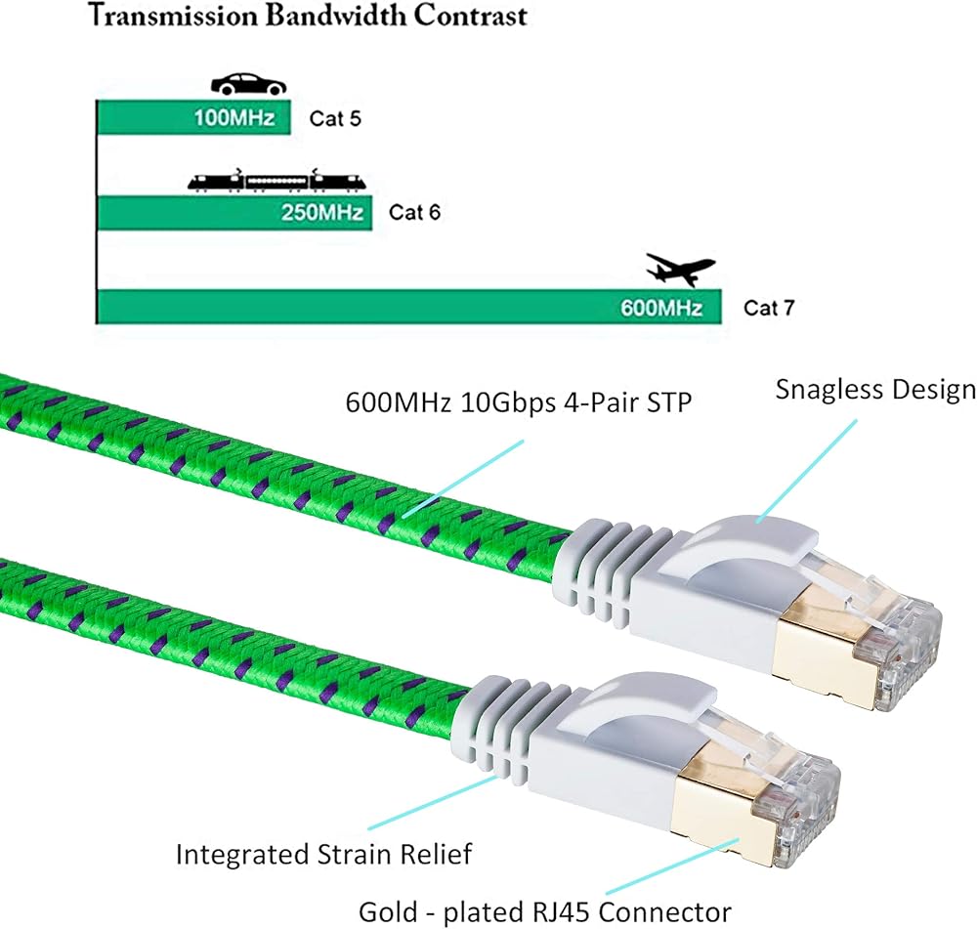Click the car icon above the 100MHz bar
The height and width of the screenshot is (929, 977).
[248, 84]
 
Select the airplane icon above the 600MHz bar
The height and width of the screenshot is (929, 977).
[680, 269]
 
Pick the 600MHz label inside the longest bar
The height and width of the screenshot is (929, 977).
[661, 308]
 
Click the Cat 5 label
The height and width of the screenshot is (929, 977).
[335, 120]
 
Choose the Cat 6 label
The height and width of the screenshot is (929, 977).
[414, 212]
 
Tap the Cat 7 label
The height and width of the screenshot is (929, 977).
[769, 308]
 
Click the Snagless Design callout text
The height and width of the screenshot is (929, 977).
[875, 390]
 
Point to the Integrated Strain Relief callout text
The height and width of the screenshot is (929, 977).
[323, 855]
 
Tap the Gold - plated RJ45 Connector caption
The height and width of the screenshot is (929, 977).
[545, 911]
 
